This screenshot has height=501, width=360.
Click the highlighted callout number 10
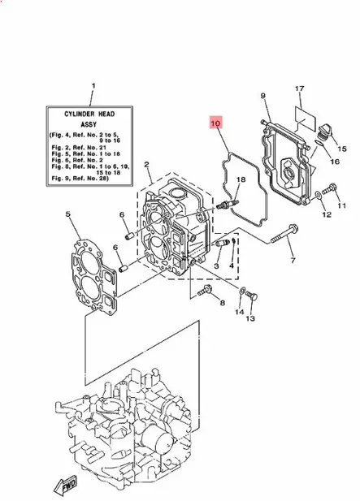215,124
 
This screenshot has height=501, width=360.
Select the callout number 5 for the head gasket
68,215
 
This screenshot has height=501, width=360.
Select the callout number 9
263,97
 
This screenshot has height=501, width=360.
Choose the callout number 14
240,311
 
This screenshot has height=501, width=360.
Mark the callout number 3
217,265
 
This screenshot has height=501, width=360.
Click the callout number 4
232,265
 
